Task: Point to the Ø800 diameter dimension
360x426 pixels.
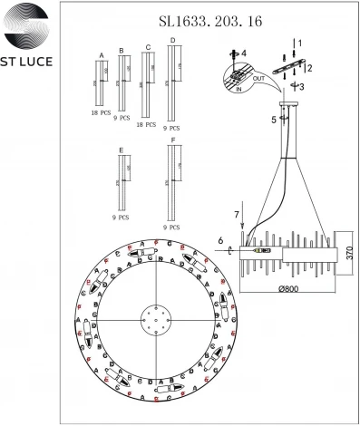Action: (287, 288)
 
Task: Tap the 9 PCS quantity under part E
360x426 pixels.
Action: (121, 218)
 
